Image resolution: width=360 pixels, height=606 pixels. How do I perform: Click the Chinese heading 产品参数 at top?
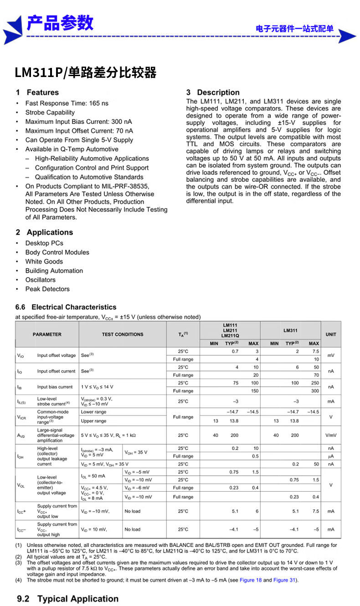[60, 23]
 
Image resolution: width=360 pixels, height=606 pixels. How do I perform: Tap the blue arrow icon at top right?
[347, 36]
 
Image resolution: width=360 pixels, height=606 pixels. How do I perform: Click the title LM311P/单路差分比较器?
[85, 72]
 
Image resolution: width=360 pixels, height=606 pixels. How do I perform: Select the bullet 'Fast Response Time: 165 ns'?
[67, 103]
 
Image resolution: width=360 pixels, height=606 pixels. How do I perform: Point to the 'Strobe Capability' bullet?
[50, 113]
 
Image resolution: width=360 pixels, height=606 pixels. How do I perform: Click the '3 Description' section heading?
[213, 92]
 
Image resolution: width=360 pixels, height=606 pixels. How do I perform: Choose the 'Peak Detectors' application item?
[47, 289]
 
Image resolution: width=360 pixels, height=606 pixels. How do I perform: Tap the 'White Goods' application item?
[44, 262]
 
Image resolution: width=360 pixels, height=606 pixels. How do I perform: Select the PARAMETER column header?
[47, 334]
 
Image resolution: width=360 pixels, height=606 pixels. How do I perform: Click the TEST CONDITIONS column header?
[122, 334]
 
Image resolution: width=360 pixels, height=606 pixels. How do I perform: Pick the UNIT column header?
[331, 334]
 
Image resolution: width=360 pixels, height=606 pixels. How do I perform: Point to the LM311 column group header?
[290, 330]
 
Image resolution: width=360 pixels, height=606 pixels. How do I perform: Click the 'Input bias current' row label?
[55, 387]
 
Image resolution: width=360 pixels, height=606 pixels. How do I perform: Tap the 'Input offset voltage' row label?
[57, 355]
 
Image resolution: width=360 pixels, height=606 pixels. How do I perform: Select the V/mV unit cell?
[331, 435]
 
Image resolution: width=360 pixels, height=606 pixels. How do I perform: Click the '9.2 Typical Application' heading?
[67, 599]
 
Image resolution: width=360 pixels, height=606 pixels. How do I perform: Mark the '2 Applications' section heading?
[44, 232]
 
